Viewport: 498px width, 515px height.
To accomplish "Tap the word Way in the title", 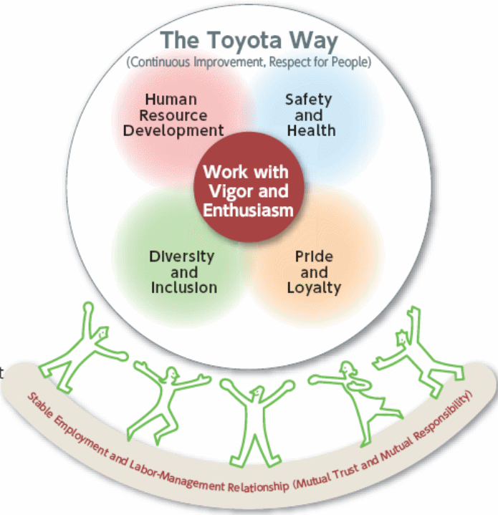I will [312, 41].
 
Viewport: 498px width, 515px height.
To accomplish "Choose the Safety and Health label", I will [309, 115].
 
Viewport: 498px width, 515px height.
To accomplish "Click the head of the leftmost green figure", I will [103, 333].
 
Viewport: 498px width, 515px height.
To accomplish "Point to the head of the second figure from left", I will [173, 374].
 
